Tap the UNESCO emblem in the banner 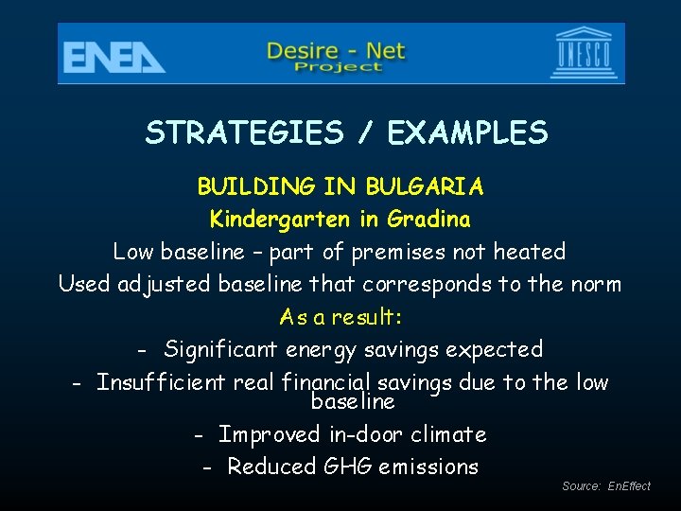tap(583, 53)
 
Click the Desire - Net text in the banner tap(336, 48)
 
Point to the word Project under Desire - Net tap(338, 67)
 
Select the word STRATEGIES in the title tap(244, 133)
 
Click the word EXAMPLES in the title tap(467, 133)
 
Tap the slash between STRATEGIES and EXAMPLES tap(364, 133)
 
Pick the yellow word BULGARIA tap(425, 186)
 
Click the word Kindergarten tap(281, 220)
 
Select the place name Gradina tap(426, 220)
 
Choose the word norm tap(597, 284)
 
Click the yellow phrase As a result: tap(341, 317)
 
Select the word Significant tap(220, 349)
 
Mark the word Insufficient tap(162, 382)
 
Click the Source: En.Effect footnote tap(606, 486)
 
